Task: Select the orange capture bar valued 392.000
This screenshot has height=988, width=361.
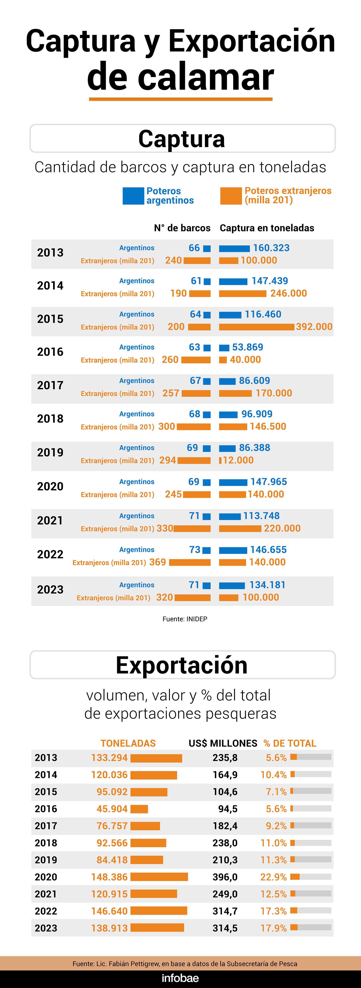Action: pos(257,327)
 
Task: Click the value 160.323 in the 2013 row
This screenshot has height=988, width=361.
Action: pos(271,248)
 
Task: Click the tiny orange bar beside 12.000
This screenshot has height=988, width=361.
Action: pos(220,460)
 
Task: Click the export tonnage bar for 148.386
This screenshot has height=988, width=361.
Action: pos(159,877)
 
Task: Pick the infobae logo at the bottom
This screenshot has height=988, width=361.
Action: pos(180,978)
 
